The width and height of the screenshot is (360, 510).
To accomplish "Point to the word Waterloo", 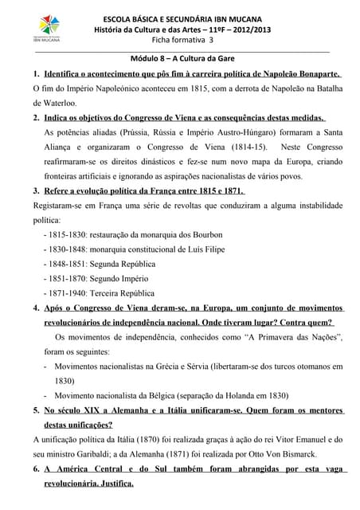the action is (58, 103).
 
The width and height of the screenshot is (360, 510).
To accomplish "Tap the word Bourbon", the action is (205, 234).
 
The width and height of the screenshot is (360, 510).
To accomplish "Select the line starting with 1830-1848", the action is (131, 249).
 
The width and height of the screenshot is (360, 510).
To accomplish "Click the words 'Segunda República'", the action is (123, 264).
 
